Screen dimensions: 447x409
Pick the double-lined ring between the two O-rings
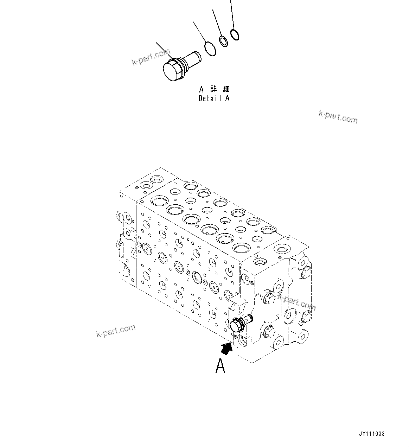(x=223, y=41)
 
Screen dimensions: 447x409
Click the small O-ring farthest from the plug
(x=235, y=34)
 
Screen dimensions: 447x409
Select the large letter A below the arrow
(x=221, y=366)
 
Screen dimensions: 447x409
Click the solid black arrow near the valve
(x=227, y=348)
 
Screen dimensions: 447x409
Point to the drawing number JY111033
(x=372, y=434)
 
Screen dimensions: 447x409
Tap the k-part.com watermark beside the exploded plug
(x=151, y=57)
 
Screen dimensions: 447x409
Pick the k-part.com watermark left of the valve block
(x=115, y=331)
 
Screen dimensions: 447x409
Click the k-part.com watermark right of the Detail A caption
(x=338, y=116)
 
